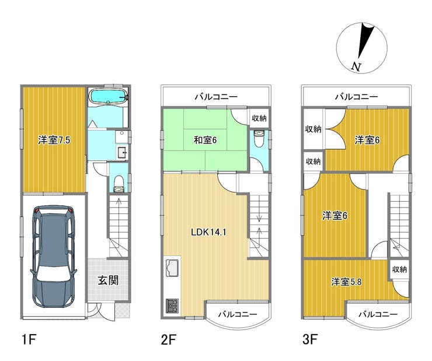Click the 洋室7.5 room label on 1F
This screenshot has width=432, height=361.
[x=54, y=141]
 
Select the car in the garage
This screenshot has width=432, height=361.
[x=54, y=256]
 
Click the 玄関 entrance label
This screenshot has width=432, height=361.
[x=108, y=281]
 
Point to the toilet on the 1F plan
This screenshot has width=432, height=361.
[x=119, y=184]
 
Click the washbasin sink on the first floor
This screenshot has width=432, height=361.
[x=122, y=152]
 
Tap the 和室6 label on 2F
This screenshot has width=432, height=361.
[x=205, y=141]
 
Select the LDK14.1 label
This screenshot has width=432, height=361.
[x=208, y=232]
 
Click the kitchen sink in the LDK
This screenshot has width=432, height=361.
[x=172, y=268]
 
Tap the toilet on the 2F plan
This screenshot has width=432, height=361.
[x=259, y=139]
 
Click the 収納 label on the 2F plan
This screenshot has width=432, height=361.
[x=259, y=118]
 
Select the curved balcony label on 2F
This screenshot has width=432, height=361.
[x=238, y=314]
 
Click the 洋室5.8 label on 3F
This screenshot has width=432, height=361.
[x=346, y=282]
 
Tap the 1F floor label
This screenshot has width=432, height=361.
[x=29, y=339]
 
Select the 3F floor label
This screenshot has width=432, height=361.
[x=310, y=339]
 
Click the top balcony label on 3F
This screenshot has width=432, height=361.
[x=357, y=97]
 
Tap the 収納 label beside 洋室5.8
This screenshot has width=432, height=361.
[x=399, y=269]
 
